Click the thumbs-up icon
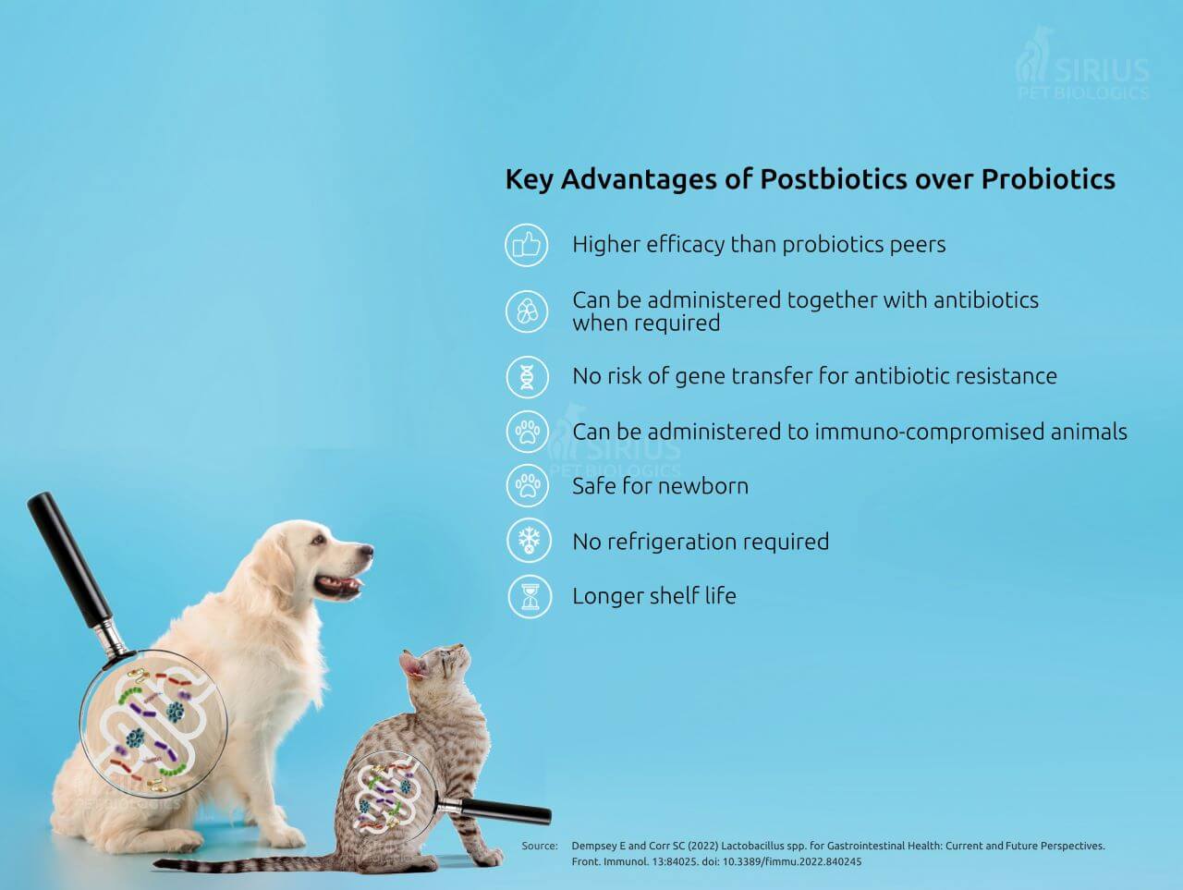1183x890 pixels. (x=527, y=245)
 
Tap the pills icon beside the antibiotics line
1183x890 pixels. (x=527, y=311)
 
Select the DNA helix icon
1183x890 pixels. (x=528, y=376)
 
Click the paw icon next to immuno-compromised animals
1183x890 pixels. (x=528, y=432)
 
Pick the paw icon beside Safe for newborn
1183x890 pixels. (x=528, y=485)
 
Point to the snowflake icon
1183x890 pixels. (x=529, y=541)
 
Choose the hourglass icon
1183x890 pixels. (x=530, y=596)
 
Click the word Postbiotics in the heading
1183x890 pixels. (x=834, y=179)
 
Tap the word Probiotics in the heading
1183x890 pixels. (x=1048, y=179)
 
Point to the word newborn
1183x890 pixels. (x=703, y=486)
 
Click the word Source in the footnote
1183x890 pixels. (x=540, y=846)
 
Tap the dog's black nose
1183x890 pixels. (x=366, y=551)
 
